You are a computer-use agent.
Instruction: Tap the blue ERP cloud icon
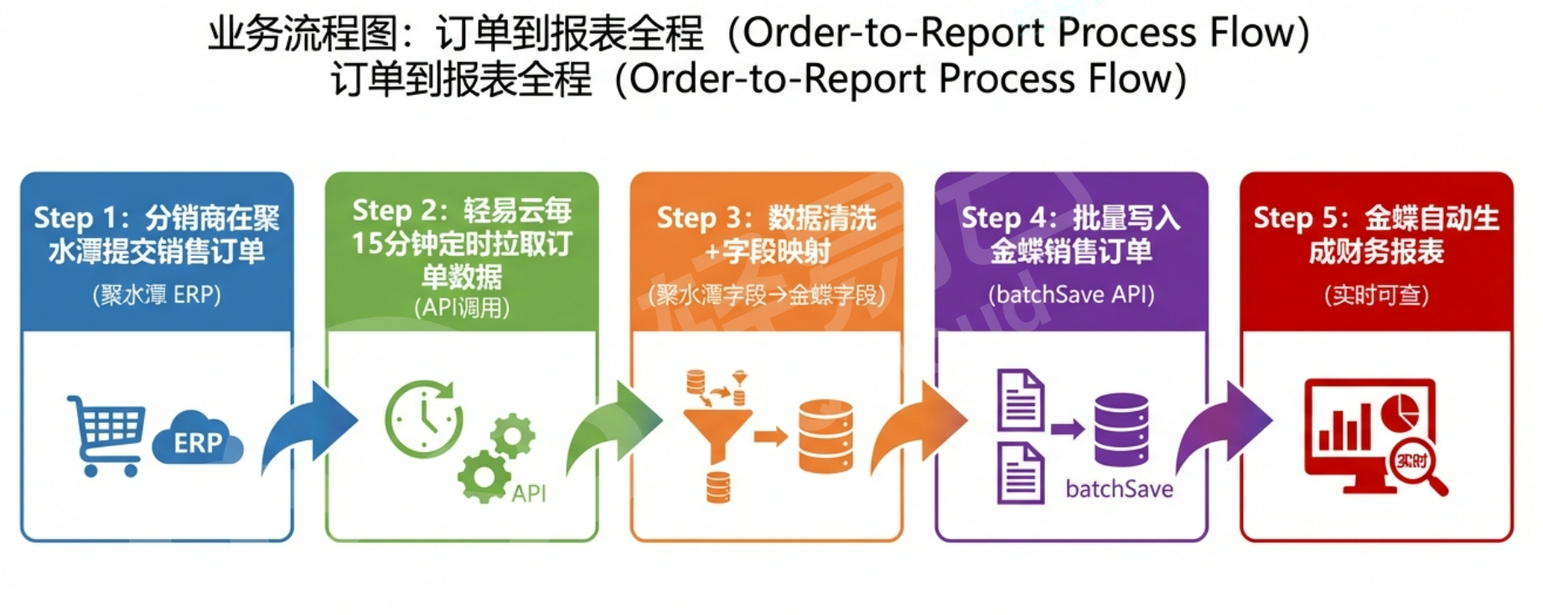(x=198, y=439)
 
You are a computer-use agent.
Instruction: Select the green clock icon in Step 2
(x=424, y=419)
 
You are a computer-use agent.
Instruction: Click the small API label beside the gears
(x=529, y=493)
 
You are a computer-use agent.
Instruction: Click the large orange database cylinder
(x=826, y=436)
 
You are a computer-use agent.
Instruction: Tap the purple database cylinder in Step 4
(x=1121, y=430)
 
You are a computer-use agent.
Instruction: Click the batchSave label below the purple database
(x=1119, y=489)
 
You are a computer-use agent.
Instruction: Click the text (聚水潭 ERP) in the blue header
(x=157, y=295)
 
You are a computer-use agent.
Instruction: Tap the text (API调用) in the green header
(x=462, y=308)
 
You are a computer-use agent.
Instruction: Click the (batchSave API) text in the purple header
(x=1071, y=295)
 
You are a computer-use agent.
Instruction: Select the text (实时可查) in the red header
(x=1376, y=295)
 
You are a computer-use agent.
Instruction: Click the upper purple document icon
(x=1020, y=400)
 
